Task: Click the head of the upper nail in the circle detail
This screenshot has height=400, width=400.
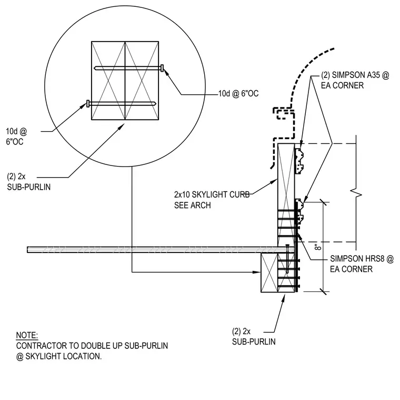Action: pos(162,68)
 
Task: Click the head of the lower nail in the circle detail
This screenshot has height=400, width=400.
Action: pos(88,103)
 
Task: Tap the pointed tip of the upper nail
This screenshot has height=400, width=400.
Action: pos(95,68)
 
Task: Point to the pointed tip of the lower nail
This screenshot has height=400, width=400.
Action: pos(155,103)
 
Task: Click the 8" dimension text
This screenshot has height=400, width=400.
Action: pos(318,247)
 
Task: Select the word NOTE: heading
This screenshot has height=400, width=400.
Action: pos(27,335)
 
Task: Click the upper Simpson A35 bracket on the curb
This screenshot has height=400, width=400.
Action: pos(299,161)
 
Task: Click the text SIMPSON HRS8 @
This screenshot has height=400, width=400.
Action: pos(362,258)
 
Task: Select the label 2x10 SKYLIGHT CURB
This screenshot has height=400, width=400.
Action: pos(212,194)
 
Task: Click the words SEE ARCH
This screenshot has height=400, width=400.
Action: pos(192,205)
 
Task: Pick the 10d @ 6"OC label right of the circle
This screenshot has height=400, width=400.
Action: pos(238,93)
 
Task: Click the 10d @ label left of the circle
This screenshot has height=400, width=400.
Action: pos(16,131)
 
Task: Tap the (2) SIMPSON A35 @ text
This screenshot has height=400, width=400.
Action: pos(355,75)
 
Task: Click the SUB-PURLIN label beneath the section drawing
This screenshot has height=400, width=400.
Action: pos(254,342)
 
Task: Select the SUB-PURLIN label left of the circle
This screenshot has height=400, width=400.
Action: pos(29,187)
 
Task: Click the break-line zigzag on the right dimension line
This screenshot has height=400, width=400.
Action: pos(356,193)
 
